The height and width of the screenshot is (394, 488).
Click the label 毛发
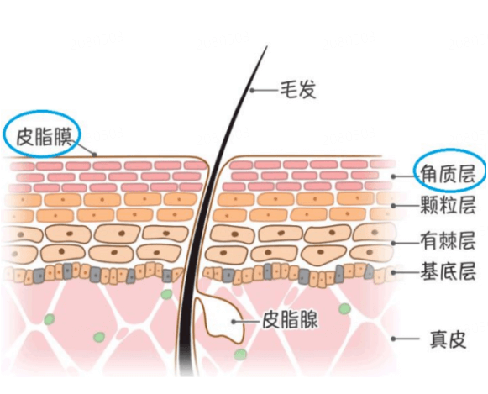(298, 90)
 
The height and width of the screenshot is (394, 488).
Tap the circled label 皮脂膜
(44, 137)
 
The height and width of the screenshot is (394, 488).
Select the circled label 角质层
(448, 173)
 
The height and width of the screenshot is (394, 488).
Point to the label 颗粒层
(448, 205)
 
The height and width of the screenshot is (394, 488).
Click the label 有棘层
(448, 240)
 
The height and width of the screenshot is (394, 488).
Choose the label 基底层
(448, 271)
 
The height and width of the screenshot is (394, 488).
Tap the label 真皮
(448, 339)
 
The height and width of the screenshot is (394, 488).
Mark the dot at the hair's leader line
(253, 91)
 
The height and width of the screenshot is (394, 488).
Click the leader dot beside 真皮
(393, 339)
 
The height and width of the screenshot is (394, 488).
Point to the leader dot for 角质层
(393, 176)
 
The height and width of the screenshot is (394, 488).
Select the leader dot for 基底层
(393, 273)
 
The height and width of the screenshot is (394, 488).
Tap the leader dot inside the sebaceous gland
(234, 322)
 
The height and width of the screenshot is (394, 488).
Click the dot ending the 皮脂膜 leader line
(95, 154)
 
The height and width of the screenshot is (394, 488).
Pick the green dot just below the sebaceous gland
(240, 355)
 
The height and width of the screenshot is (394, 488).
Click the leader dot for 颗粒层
(393, 206)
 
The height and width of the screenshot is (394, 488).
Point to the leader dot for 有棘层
(393, 243)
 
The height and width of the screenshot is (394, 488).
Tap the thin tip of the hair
(267, 47)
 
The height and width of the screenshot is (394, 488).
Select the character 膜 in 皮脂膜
(63, 137)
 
